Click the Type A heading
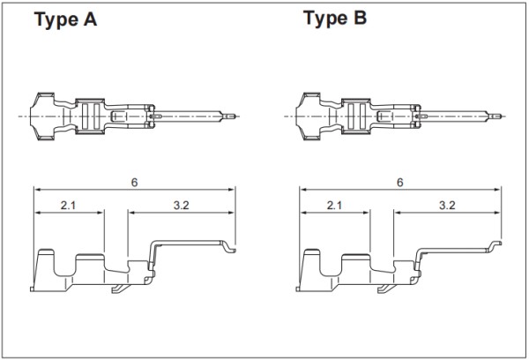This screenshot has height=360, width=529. click(x=65, y=19)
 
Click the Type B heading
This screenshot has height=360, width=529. click(x=335, y=19)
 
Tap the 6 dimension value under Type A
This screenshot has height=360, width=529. click(x=134, y=183)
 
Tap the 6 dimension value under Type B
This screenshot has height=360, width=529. click(x=399, y=183)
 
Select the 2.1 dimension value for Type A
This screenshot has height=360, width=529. click(x=68, y=205)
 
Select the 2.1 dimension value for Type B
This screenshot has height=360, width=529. click(x=334, y=205)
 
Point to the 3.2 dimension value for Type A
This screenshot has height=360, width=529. click(x=181, y=205)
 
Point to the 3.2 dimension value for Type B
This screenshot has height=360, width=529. click(x=447, y=205)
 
